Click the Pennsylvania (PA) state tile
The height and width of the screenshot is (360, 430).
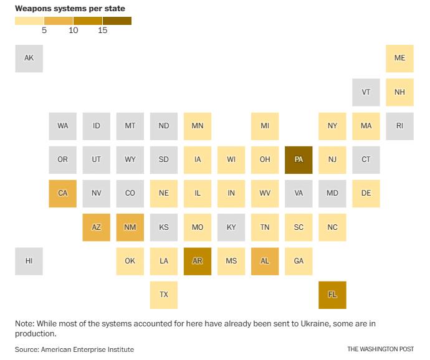click(x=299, y=159)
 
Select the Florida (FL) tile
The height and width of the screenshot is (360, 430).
click(x=332, y=295)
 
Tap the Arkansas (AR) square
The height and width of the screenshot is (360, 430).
click(x=198, y=261)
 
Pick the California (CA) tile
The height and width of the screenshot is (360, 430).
click(x=63, y=193)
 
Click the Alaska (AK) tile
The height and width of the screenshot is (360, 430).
click(x=29, y=59)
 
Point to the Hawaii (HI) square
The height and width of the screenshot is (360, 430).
click(x=29, y=261)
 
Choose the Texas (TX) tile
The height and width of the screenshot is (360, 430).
click(x=164, y=295)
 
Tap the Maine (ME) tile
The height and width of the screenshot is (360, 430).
click(x=399, y=59)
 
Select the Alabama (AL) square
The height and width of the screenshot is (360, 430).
click(x=265, y=261)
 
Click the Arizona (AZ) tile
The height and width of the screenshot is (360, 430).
click(x=97, y=227)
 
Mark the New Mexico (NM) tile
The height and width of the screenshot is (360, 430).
click(x=130, y=227)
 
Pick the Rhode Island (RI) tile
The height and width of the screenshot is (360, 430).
click(x=399, y=126)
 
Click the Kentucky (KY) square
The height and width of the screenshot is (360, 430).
click(x=231, y=227)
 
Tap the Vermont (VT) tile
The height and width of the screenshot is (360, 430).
click(x=366, y=92)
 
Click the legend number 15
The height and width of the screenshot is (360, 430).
click(x=103, y=31)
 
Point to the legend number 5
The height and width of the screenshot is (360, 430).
click(x=44, y=31)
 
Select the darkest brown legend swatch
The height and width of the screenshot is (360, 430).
click(x=117, y=21)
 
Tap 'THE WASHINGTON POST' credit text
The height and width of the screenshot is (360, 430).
click(x=381, y=349)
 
